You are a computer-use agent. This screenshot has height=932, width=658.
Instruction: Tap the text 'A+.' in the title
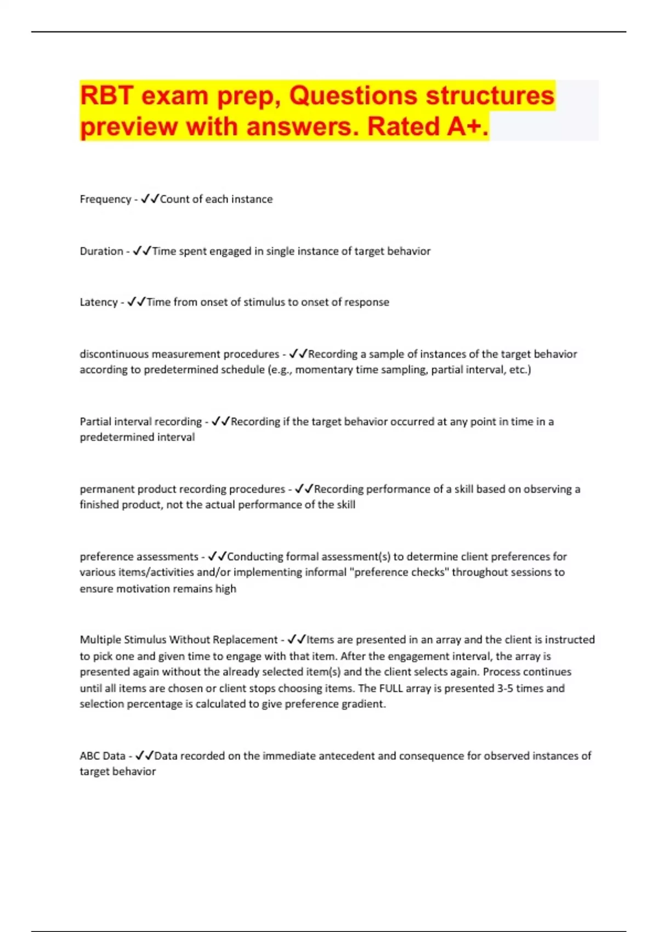467,127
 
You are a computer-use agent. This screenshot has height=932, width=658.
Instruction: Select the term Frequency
105,199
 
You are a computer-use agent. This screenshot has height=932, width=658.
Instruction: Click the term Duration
101,251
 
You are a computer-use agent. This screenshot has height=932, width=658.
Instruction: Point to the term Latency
99,302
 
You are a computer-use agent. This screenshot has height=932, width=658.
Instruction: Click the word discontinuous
114,354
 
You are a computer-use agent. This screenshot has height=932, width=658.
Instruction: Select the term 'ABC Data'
103,756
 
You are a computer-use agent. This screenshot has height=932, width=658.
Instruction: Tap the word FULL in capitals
391,689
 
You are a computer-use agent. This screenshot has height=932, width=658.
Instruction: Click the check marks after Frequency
150,199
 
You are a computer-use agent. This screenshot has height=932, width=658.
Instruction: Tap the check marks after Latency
137,302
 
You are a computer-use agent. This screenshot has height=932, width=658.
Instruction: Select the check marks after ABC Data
145,756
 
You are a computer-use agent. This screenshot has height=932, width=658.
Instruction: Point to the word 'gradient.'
364,704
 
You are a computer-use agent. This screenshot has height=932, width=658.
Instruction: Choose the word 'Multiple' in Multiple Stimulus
100,640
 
